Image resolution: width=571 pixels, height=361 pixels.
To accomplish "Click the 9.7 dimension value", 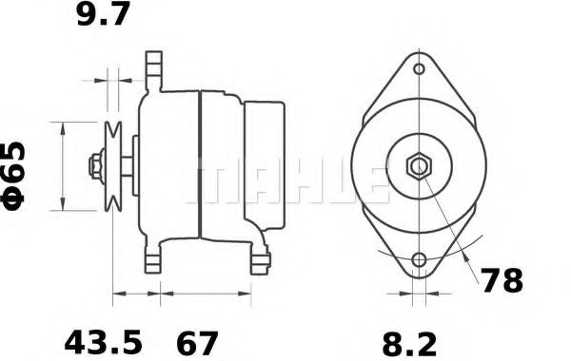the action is coord(103,14).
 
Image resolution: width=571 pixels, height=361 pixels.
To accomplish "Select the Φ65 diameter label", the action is coord(13,177).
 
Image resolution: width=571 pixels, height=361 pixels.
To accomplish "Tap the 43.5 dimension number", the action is coord(103,342).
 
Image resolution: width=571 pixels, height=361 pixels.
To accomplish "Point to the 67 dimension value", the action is coord(197,342).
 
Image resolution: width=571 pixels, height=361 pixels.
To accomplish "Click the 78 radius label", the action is coord(502,280).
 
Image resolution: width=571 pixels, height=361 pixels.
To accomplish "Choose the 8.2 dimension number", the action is coord(409,345).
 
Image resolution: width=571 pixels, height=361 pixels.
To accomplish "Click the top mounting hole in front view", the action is coord(420,68).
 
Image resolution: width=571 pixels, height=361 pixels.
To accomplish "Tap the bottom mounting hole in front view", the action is coord(419,259).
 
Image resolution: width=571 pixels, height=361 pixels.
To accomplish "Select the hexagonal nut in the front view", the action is coord(419,166).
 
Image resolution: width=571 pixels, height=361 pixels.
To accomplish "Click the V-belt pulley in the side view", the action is coord(113,166).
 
